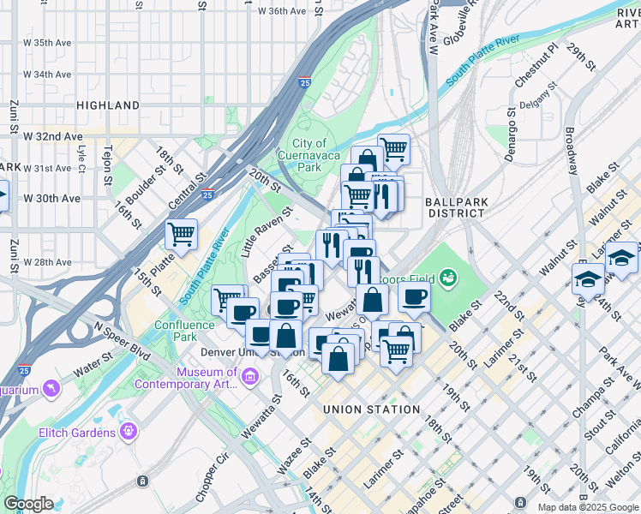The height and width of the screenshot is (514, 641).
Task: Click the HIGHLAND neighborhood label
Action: tap(108, 105)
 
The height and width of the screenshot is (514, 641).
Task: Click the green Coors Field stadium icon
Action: tap(446, 278)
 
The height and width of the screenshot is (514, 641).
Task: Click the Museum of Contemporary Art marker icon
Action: tap(250, 377)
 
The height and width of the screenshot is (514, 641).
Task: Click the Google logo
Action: tap(28, 504)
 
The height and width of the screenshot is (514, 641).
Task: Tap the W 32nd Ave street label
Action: tap(53, 136)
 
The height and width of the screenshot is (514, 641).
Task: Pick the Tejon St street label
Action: tap(108, 165)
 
